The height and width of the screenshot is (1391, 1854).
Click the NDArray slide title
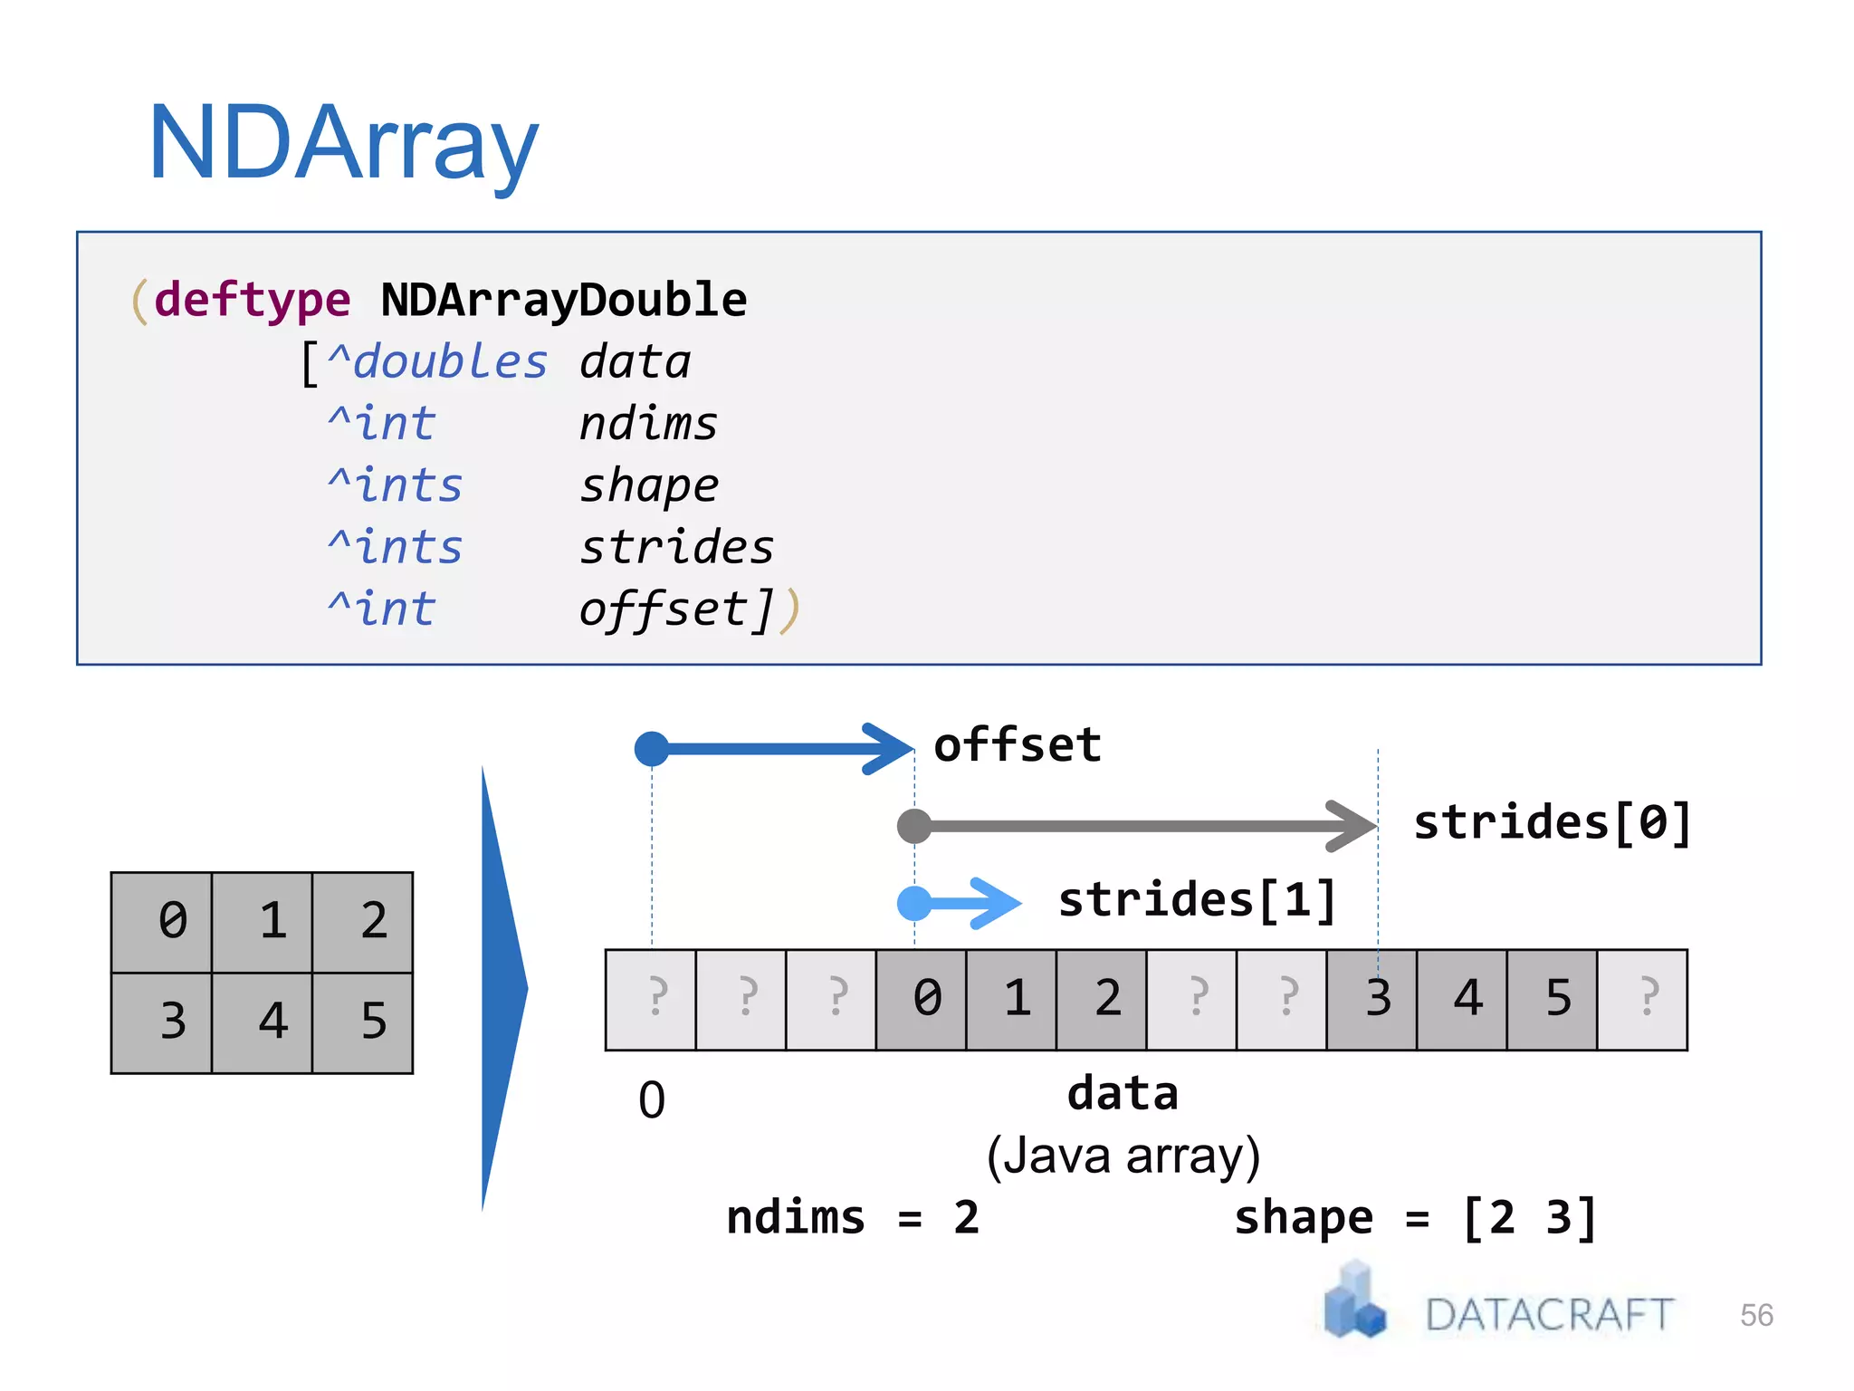343,143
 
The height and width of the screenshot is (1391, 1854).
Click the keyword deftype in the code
252,300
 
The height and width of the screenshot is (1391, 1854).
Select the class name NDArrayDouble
563,300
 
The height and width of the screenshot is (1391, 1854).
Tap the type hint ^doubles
437,362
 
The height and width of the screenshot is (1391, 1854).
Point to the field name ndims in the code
648,424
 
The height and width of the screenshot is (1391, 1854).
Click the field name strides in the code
676,547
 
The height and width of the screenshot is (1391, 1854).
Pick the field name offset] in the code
676,609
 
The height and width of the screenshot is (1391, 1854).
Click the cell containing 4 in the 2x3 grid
272,1022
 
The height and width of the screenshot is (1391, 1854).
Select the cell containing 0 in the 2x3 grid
172,922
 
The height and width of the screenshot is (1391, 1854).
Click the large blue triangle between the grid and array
501,987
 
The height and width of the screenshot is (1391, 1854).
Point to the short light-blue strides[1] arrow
960,903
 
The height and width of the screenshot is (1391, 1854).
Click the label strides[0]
1553,823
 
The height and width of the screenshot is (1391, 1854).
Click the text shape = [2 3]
1415,1218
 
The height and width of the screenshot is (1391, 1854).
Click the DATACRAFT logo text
1549,1315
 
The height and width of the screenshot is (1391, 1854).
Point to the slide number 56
1756,1315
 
